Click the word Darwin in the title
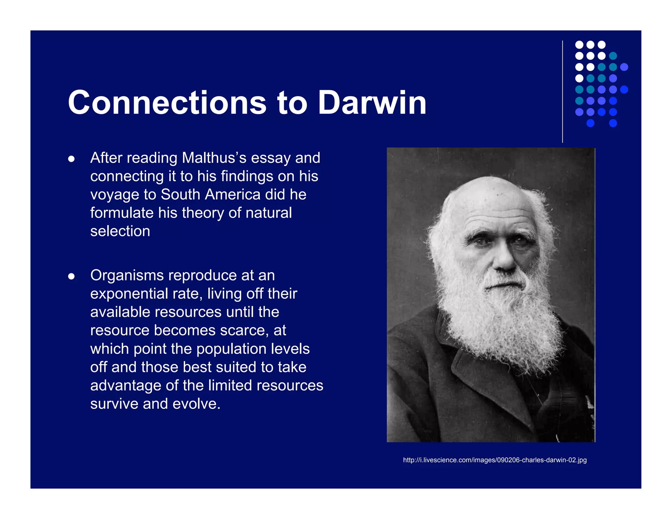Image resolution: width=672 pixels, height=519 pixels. click(372, 103)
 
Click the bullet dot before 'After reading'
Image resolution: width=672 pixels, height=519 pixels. click(71, 159)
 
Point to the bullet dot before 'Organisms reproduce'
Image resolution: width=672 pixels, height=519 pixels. click(71, 277)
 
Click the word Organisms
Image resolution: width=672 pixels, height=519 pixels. click(127, 276)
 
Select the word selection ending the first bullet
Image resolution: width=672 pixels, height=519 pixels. click(120, 231)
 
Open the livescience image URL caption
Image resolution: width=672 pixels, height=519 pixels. click(494, 460)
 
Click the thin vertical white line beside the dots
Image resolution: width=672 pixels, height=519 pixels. click(562, 92)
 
